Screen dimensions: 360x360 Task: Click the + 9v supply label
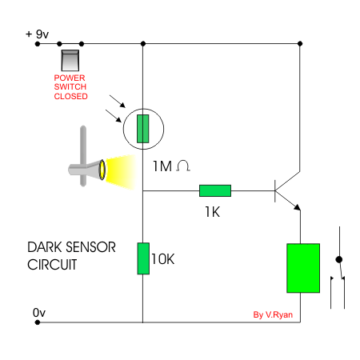[x=37, y=34]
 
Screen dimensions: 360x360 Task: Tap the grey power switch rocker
[x=70, y=61]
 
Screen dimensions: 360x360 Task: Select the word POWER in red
[x=70, y=78]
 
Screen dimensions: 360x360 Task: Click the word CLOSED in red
[x=70, y=96]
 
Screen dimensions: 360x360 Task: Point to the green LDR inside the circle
[x=143, y=129]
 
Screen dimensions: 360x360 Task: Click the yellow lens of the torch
[x=102, y=170]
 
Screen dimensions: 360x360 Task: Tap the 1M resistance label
[x=162, y=166]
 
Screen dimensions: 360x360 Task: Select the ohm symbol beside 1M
[x=183, y=166]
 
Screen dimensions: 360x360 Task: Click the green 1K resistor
[x=215, y=190]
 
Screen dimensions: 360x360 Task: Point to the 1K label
[x=212, y=212]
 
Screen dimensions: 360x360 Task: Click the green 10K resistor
[x=143, y=258]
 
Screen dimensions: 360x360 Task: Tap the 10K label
[x=163, y=259]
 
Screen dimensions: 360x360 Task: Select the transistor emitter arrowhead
[x=297, y=207]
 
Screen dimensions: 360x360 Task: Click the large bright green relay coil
[x=303, y=268]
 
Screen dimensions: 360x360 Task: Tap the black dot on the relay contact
[x=339, y=259]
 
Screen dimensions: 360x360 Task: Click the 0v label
[x=39, y=313]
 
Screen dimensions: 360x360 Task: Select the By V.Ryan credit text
[x=273, y=315]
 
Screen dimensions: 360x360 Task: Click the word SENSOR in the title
[x=90, y=247]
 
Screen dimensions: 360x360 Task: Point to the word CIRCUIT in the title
[x=52, y=265]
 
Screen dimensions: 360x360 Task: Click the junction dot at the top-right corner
[x=300, y=43]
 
